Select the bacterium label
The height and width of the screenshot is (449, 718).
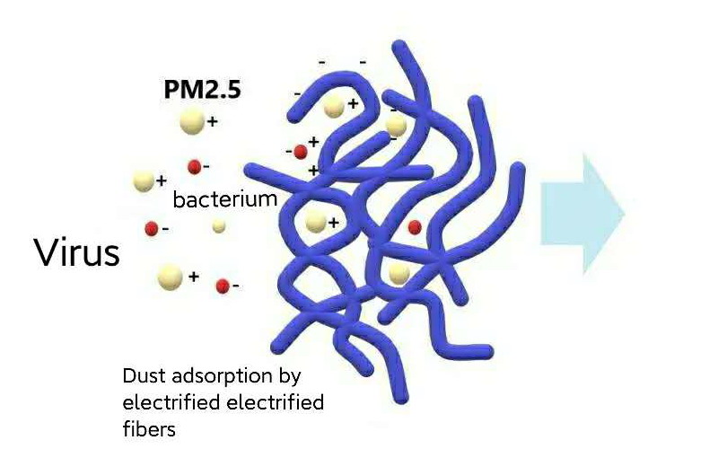[x=224, y=198]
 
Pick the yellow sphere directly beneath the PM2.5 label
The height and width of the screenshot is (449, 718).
[x=192, y=120]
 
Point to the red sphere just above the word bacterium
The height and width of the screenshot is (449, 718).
[x=194, y=166]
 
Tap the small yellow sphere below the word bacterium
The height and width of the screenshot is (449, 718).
[x=219, y=226]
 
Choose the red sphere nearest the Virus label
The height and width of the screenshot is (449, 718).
[x=152, y=227]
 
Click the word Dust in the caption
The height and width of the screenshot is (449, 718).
[x=142, y=374]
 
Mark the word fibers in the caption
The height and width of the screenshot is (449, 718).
[x=149, y=428]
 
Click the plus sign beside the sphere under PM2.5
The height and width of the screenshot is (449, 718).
[x=214, y=120]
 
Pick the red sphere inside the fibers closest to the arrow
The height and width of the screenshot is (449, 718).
[x=415, y=227]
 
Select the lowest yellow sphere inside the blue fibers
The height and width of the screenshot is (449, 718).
[x=399, y=272]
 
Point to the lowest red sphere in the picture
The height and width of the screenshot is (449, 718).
[x=223, y=286]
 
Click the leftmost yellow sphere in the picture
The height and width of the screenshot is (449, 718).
[x=143, y=181]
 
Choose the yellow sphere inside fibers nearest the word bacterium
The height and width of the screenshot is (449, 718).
[x=315, y=222]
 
